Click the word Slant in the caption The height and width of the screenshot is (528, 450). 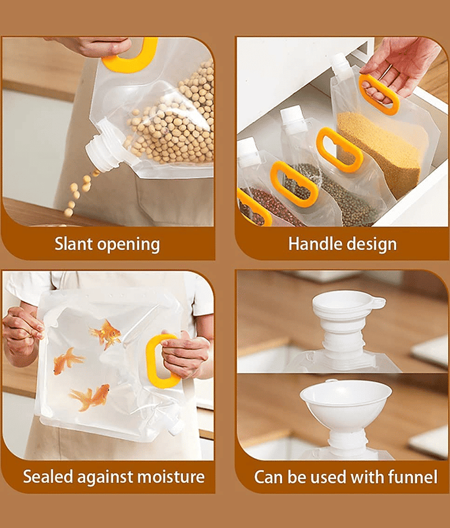click(x=73, y=244)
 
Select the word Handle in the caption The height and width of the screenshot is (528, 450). click(x=314, y=244)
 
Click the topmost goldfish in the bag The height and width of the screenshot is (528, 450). click(x=107, y=334)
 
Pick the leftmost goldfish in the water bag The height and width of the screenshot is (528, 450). click(x=67, y=361)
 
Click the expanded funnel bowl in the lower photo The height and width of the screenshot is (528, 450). click(x=346, y=401)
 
